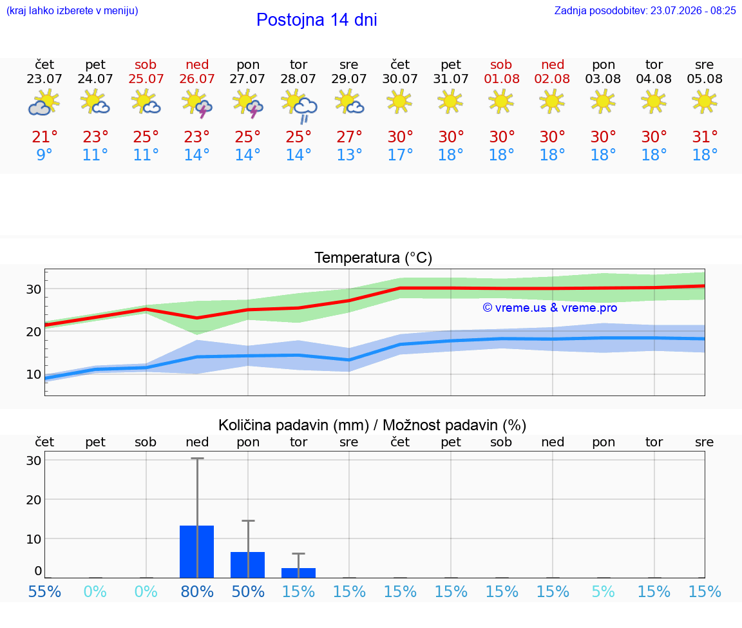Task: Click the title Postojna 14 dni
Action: [x=317, y=20]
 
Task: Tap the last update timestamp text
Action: [x=645, y=10]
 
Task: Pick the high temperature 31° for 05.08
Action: [x=705, y=137]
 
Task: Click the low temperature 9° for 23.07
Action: [x=44, y=155]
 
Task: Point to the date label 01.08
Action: [x=502, y=79]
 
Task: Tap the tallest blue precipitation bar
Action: [x=197, y=551]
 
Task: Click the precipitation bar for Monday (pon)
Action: [x=247, y=565]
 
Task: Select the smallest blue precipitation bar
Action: [x=299, y=573]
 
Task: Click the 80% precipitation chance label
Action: [x=197, y=591]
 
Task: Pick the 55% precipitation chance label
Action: [x=44, y=591]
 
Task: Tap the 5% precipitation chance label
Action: [x=603, y=591]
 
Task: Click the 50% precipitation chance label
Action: [x=247, y=591]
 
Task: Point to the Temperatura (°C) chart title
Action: [x=374, y=258]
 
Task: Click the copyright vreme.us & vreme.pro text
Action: [x=550, y=308]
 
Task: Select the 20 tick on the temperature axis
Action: [x=33, y=332]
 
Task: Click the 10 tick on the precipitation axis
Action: [x=33, y=539]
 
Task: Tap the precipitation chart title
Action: [x=372, y=425]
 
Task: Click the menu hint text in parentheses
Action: [x=72, y=10]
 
